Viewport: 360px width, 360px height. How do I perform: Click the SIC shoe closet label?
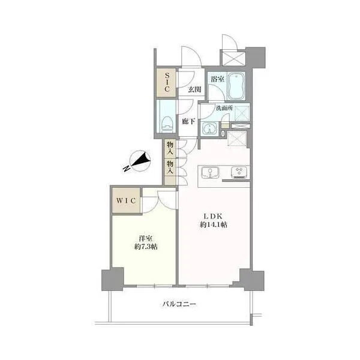(x=167, y=82)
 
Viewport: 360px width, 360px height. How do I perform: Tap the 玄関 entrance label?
(x=194, y=89)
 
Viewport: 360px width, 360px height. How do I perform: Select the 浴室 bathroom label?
(x=217, y=79)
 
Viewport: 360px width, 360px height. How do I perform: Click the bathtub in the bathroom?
(x=236, y=86)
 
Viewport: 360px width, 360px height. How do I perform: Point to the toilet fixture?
(x=167, y=124)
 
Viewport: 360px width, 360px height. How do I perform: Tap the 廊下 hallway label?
(x=188, y=121)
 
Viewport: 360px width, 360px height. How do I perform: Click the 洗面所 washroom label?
(x=224, y=108)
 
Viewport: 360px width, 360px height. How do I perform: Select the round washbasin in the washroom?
(x=209, y=128)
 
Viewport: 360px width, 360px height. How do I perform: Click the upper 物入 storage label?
(x=170, y=148)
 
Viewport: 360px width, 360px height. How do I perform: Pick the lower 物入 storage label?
(x=170, y=167)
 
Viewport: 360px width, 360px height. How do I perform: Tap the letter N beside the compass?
(x=126, y=169)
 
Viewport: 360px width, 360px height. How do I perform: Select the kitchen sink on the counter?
(x=210, y=173)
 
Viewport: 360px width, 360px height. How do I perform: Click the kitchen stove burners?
(x=239, y=172)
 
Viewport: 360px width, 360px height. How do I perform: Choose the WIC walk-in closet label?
(x=126, y=200)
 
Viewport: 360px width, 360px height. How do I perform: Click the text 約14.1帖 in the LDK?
(x=213, y=225)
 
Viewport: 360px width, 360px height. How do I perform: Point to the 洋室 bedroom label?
(x=146, y=238)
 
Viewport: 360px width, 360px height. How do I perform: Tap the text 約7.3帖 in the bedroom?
(x=146, y=247)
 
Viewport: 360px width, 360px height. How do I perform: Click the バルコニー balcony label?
(x=179, y=304)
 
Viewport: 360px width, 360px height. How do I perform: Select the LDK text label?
(x=213, y=216)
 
